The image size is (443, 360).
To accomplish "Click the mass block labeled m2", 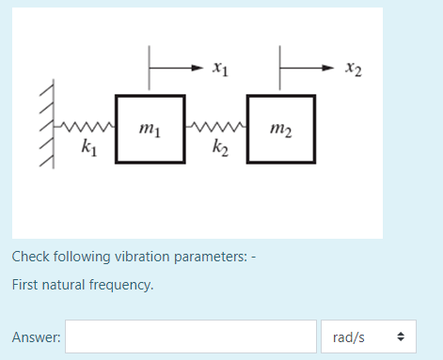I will point(279,130).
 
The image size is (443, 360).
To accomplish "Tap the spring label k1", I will point(87,147).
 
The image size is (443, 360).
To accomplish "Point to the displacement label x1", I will point(218,67).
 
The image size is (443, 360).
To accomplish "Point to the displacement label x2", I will point(352,67).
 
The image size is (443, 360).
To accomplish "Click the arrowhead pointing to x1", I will point(196,67).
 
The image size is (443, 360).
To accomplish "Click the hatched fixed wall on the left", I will point(45,125).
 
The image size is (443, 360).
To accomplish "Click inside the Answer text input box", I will point(190,337).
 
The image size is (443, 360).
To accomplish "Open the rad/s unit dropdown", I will point(368,337).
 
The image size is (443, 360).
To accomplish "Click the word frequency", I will point(121,283).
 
